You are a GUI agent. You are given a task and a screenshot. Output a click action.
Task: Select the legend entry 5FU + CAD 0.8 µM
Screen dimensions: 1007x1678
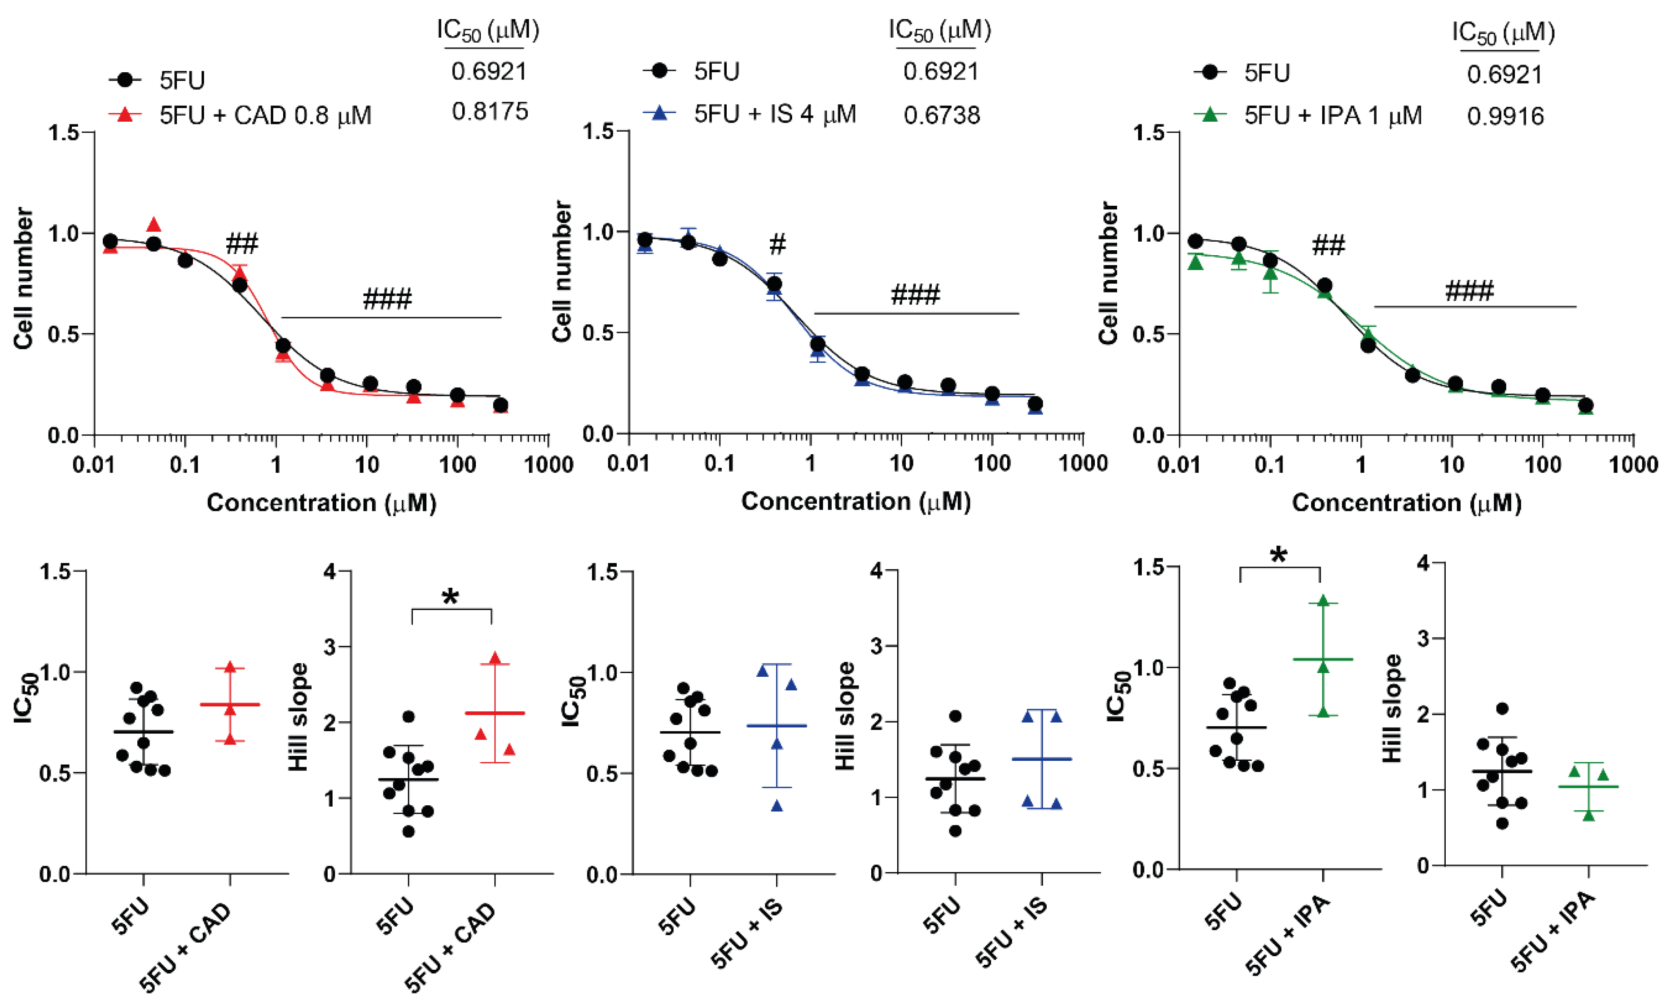tap(265, 116)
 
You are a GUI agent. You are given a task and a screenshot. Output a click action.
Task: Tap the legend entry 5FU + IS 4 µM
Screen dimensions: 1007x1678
tap(774, 114)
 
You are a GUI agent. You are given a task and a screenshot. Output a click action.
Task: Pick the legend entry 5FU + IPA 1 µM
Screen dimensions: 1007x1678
tap(1333, 116)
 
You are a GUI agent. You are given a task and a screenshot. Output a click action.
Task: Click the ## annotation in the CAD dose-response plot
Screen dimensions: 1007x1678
tap(242, 243)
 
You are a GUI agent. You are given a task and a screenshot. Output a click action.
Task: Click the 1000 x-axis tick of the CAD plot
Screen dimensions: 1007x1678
tap(549, 465)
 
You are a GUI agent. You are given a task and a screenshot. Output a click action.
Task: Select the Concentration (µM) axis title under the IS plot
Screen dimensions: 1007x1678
tap(856, 501)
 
